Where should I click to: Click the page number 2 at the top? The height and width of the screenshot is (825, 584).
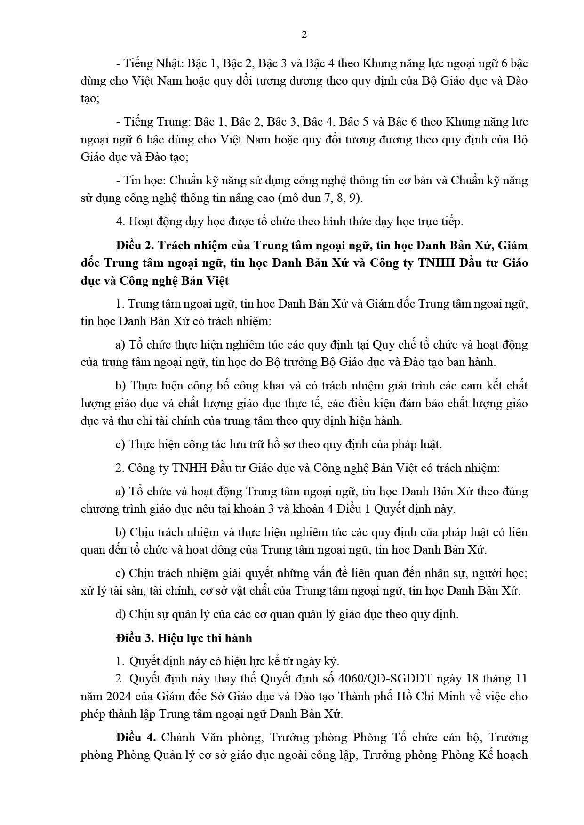pyautogui.click(x=304, y=34)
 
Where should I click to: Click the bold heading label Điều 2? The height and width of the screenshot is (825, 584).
pyautogui.click(x=134, y=246)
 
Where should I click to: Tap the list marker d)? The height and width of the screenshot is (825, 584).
pyautogui.click(x=120, y=614)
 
